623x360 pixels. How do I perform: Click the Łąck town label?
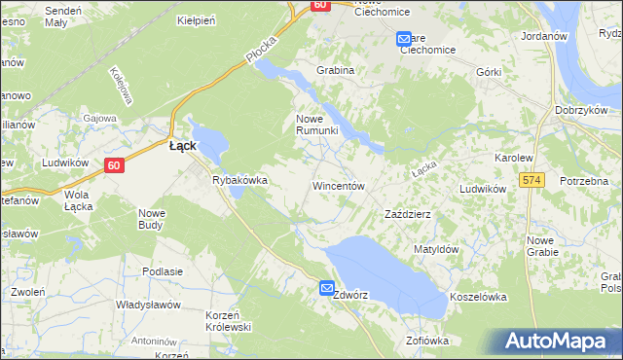tap(182, 146)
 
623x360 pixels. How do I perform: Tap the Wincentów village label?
tap(338, 185)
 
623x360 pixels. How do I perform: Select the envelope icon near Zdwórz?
tap(327, 288)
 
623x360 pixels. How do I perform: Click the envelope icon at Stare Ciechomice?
tap(404, 39)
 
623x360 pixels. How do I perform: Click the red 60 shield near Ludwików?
tap(115, 165)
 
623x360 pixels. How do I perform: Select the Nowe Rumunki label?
tap(316, 125)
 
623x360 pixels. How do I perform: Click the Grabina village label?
tap(334, 70)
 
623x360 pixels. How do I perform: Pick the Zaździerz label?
tap(409, 213)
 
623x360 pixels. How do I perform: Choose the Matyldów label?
tap(435, 249)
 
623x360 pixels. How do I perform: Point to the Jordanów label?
tap(544, 35)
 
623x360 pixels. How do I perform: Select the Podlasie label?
tap(163, 271)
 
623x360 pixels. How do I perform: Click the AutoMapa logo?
tap(560, 342)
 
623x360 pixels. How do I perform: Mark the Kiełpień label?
tap(196, 19)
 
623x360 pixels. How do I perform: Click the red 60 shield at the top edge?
tap(320, 5)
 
